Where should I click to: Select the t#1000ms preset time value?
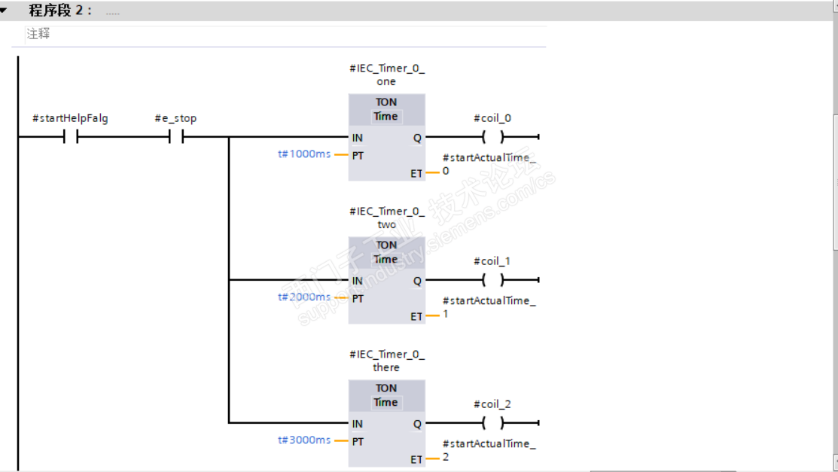(x=304, y=154)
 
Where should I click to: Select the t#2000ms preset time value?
(x=304, y=297)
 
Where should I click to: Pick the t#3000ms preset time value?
(x=304, y=440)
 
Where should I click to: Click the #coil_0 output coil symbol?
(x=492, y=138)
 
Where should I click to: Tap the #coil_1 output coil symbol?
(x=492, y=281)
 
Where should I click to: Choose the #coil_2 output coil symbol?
(x=492, y=424)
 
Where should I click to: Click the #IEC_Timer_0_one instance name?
(x=386, y=75)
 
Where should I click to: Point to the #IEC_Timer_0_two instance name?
(x=386, y=218)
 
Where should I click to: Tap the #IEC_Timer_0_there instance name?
(x=386, y=361)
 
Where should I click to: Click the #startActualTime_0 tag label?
(x=489, y=163)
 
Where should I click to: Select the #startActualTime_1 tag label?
(x=489, y=306)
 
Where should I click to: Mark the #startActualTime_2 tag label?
(x=489, y=449)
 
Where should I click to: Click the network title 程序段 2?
(x=60, y=11)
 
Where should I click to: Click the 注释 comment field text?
(x=38, y=35)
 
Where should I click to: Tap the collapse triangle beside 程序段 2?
(x=5, y=11)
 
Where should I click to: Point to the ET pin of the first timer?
(x=416, y=174)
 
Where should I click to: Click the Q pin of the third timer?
(x=417, y=424)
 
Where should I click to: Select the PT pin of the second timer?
(x=358, y=299)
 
